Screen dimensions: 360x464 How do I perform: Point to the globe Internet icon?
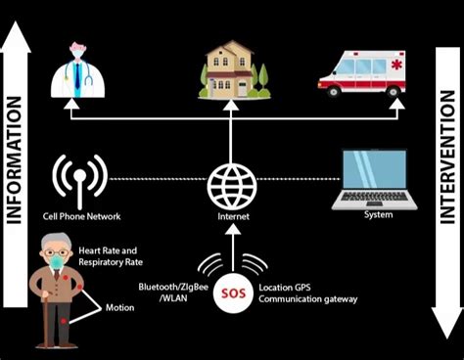[x=232, y=182]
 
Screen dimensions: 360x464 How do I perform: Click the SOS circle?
[x=231, y=292]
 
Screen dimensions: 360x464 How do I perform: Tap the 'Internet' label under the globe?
[x=232, y=216]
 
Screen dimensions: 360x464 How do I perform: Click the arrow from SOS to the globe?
[x=231, y=245]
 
